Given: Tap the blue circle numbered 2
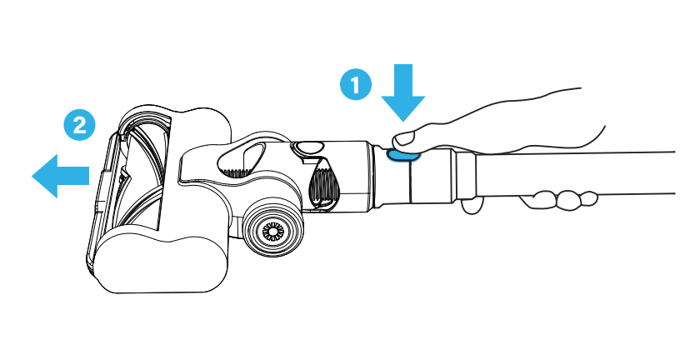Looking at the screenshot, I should (x=79, y=125).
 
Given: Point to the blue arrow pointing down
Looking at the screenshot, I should (x=403, y=97).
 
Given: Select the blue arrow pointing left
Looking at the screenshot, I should (x=59, y=175).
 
